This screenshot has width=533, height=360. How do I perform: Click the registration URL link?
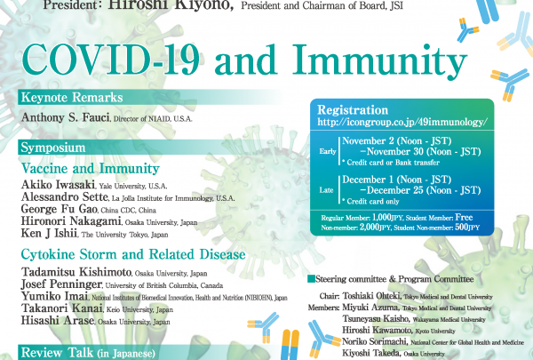pyautogui.click(x=402, y=122)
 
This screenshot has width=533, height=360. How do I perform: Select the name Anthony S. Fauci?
pyautogui.click(x=65, y=117)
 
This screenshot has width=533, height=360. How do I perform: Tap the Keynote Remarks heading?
pyautogui.click(x=72, y=98)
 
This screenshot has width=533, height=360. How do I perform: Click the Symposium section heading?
pyautogui.click(x=53, y=148)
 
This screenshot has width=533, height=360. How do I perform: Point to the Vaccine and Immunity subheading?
pyautogui.click(x=91, y=169)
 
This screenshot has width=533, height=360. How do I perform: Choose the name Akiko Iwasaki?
pyautogui.click(x=58, y=185)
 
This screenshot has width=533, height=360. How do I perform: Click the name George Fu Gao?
pyautogui.click(x=60, y=209)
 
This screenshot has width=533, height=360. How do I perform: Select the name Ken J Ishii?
pyautogui.click(x=49, y=234)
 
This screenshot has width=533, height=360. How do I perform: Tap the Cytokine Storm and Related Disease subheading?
pyautogui.click(x=133, y=254)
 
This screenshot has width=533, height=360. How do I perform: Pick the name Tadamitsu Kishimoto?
pyautogui.click(x=76, y=272)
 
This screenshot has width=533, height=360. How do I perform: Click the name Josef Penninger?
pyautogui.click(x=61, y=284)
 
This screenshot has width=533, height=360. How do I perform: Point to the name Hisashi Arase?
pyautogui.click(x=57, y=321)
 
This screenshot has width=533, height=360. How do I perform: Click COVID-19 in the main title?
pyautogui.click(x=110, y=60)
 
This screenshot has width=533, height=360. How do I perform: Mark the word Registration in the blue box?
pyautogui.click(x=353, y=110)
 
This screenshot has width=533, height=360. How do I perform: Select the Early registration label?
pyautogui.click(x=328, y=152)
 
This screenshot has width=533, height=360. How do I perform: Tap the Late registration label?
pyautogui.click(x=326, y=190)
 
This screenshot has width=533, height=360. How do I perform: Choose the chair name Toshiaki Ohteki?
pyautogui.click(x=371, y=296)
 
